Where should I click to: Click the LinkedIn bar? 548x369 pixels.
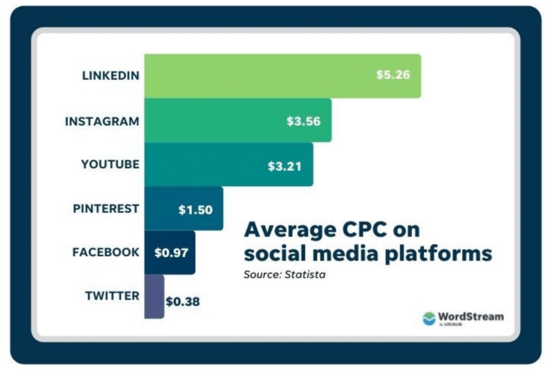(283, 76)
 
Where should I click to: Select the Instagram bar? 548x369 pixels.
(238, 120)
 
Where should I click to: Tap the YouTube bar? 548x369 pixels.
(229, 164)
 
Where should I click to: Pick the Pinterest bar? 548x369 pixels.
(184, 209)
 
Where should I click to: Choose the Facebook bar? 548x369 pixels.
(170, 252)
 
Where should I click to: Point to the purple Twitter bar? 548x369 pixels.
(154, 296)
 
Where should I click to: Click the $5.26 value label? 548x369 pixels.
(393, 74)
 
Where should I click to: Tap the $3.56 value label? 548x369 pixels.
(303, 121)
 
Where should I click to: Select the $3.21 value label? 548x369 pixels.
(285, 166)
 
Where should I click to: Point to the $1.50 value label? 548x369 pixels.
(195, 210)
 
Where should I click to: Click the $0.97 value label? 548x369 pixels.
(171, 252)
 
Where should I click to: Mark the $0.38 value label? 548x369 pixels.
(183, 301)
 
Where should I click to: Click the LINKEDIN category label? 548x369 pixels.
(110, 75)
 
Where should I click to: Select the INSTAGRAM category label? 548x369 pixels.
(102, 121)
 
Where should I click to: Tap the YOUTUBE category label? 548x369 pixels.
(110, 164)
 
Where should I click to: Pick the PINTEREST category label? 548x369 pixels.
(106, 209)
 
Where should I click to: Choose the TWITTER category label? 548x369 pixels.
(112, 296)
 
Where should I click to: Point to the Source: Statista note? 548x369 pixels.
(285, 275)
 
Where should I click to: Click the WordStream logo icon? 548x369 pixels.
(429, 318)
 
